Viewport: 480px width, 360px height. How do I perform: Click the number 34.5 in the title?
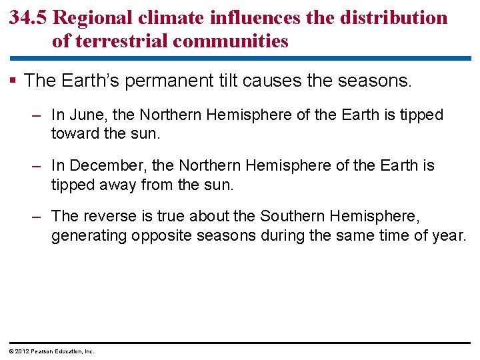tap(28, 18)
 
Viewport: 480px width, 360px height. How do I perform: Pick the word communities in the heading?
tap(231, 41)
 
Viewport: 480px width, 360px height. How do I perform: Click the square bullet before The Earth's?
tap(15, 81)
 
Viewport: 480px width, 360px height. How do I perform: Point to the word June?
tap(85, 115)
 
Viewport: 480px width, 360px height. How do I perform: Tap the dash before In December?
tap(38, 165)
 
